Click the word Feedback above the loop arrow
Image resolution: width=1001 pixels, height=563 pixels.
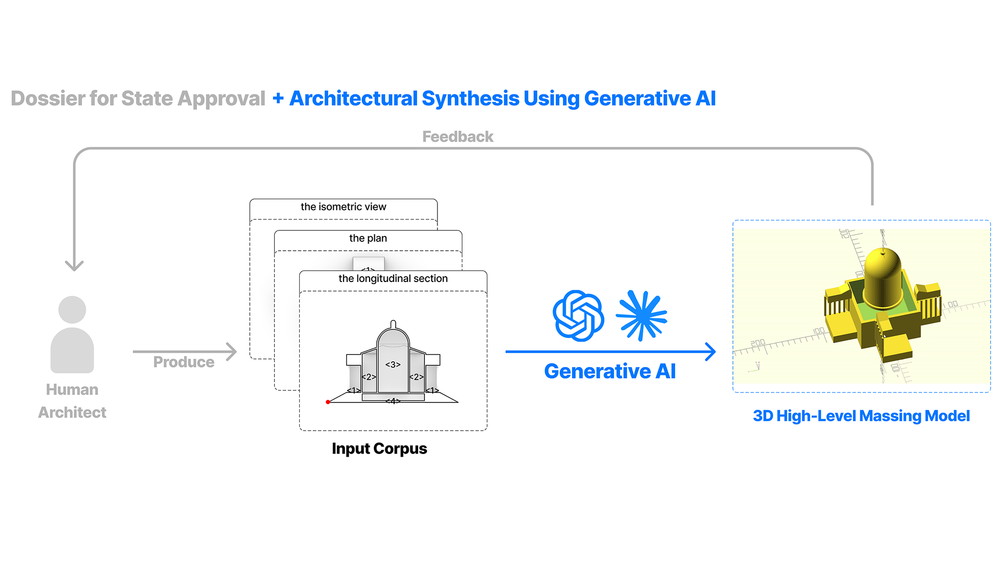(x=457, y=137)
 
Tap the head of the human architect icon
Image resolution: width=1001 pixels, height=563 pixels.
(x=72, y=310)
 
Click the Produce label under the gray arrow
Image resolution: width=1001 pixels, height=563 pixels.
(x=184, y=362)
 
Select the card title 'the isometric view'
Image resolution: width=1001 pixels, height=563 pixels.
(x=343, y=207)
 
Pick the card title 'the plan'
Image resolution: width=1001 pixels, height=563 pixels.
(x=368, y=238)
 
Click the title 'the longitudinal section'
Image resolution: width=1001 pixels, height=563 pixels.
(x=393, y=279)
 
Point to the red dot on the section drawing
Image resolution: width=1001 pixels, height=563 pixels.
(x=328, y=402)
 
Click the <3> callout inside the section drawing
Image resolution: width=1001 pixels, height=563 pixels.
(x=393, y=365)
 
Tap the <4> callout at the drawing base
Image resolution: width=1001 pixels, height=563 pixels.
(x=393, y=401)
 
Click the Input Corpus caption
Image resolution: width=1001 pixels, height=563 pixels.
(x=379, y=449)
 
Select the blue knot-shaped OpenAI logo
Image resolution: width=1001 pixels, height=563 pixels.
(x=578, y=316)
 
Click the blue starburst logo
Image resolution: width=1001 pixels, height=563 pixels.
(x=642, y=316)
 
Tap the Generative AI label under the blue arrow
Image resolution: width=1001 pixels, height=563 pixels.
(x=609, y=372)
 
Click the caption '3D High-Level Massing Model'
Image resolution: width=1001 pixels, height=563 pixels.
(x=861, y=416)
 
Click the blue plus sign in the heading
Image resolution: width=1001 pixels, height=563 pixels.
(x=278, y=99)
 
